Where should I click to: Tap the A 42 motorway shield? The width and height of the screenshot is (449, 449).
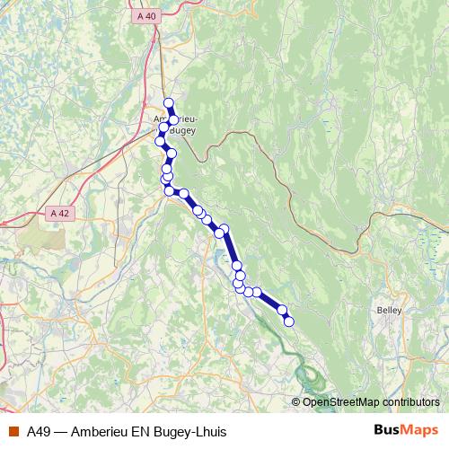point(60,213)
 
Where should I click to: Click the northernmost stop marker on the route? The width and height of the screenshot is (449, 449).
point(168,102)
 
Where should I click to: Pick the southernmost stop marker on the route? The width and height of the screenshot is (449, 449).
point(288,321)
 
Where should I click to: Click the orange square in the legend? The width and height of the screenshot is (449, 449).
point(13,431)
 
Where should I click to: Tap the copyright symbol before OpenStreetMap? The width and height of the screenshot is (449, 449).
point(297,401)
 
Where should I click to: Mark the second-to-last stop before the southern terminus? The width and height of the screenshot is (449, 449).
point(282,311)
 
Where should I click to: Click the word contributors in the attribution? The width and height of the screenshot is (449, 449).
point(410,401)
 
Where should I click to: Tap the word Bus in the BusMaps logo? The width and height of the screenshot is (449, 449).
point(388,431)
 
